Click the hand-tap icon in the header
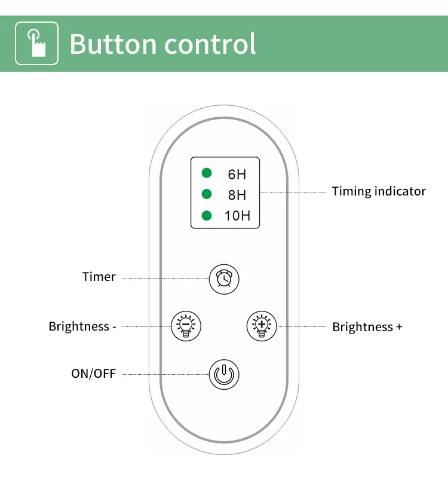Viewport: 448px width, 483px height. coord(36,43)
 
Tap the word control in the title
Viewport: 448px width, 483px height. coord(210,44)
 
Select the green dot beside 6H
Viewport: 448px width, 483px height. coord(207,173)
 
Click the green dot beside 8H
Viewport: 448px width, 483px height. coord(207,194)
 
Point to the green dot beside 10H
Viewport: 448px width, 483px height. coord(207,215)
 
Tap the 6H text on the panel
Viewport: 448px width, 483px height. coord(237,175)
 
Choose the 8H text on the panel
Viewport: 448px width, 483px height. coord(237,195)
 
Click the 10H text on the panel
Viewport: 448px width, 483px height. coord(237,216)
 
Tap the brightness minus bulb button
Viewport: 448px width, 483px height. coord(186,326)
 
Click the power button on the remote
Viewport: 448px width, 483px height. coord(224,375)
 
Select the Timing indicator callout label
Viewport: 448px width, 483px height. coord(379,191)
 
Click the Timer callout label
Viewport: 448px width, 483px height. coord(99,277)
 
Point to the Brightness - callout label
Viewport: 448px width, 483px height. coord(82,326)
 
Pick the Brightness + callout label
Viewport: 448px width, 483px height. coord(367,327)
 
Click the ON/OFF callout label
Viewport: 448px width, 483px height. coord(93,374)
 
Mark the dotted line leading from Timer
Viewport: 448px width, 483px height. coord(164,278)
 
